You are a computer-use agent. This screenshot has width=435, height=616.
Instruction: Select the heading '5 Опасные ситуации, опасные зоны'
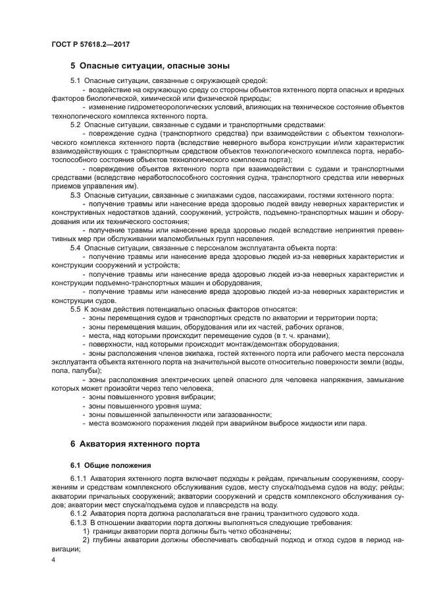tap(150, 66)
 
